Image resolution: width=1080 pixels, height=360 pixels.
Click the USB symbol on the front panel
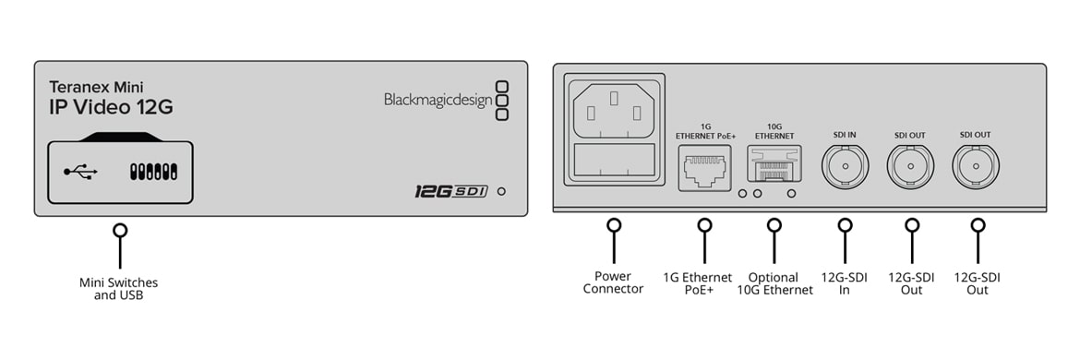pos(81,172)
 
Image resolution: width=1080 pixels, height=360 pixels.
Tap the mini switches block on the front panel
pos(153,172)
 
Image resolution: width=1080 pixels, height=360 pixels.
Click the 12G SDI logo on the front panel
pos(451,191)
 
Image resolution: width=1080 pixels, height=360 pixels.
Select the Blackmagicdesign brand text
pos(438,101)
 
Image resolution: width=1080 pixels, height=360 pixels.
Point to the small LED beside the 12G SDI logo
pos(501,191)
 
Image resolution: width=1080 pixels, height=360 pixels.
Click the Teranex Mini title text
pos(96,87)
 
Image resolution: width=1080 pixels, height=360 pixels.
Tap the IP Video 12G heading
pos(110,107)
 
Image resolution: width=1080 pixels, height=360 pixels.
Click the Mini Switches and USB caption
pos(118,289)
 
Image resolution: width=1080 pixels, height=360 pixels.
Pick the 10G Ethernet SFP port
pos(774,166)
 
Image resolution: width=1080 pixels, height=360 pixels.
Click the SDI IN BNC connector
pos(845,166)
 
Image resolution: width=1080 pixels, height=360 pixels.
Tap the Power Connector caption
pos(613,282)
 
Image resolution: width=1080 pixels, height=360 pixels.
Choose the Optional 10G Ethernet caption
pos(774,283)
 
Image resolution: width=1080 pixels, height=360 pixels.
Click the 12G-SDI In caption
pos(845,283)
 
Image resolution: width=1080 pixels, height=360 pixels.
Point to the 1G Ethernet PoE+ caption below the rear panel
pos(698,283)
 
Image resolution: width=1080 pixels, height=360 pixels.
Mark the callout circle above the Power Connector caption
pos(613,225)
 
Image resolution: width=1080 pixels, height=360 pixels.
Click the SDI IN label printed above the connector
pos(846,136)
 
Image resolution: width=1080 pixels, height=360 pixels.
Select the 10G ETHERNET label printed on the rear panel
pos(774,131)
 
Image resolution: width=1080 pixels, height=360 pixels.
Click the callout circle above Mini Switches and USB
pos(121,231)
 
